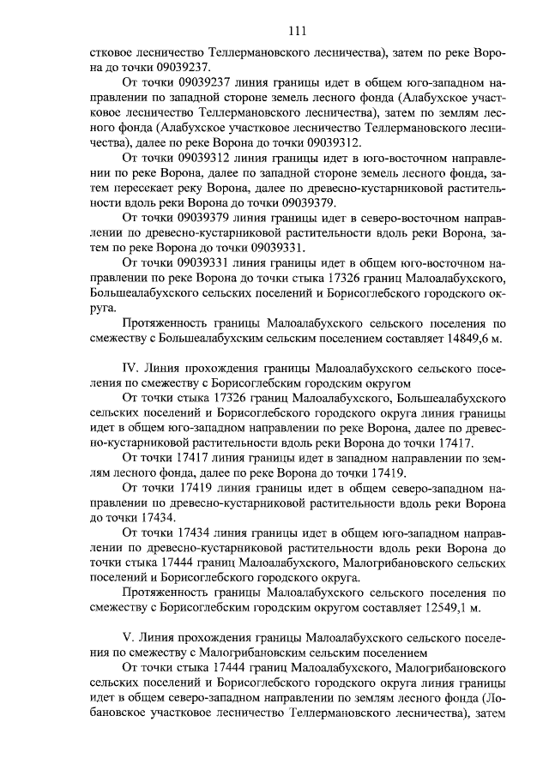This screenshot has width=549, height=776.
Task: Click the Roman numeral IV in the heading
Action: coord(132,366)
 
